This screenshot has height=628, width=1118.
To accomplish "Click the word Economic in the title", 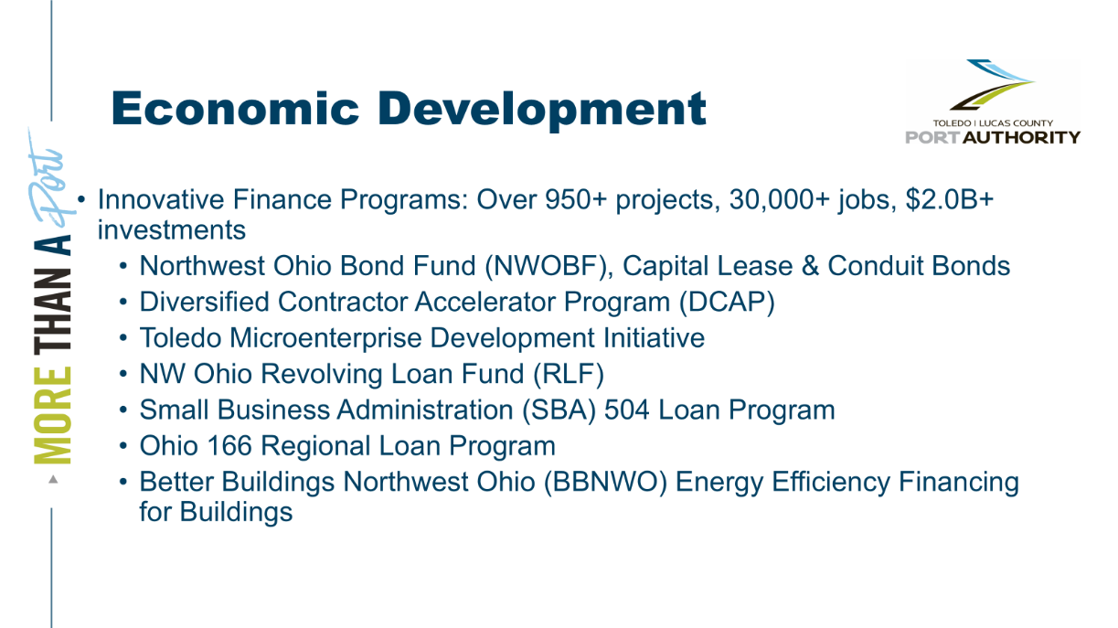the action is coord(235,109).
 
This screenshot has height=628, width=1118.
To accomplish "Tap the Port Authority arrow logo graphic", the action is coord(992,84).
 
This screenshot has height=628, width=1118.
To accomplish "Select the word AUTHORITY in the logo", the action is coord(1021,137).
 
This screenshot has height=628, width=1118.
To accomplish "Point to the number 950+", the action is coord(576,199).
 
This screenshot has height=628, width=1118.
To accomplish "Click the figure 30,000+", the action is coord(779,199).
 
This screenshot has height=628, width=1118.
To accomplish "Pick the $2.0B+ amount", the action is coord(950,199).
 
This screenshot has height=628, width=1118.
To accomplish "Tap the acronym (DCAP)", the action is coord(727,302).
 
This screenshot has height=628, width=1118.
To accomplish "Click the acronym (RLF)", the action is coord(569,373).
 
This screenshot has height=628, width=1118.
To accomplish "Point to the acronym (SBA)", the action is coord(559,410).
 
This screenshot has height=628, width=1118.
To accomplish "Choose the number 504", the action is coord(627,410).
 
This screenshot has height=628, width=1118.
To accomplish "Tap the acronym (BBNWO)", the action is coord(605,482).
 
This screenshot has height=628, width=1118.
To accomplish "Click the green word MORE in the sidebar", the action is coord(52,415).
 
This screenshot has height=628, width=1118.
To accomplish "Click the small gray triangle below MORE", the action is coord(53,479).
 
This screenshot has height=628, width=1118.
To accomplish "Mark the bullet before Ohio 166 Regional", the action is coord(123,446).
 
